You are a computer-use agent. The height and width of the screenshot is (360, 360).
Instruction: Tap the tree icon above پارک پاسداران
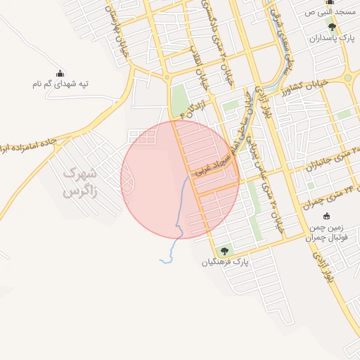tap(332, 27)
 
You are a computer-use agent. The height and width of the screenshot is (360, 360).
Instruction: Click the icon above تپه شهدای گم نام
tap(60, 73)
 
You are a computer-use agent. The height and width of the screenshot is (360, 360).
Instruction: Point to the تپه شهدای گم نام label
tap(59, 84)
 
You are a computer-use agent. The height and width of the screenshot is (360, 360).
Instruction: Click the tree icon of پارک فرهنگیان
tap(224, 250)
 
